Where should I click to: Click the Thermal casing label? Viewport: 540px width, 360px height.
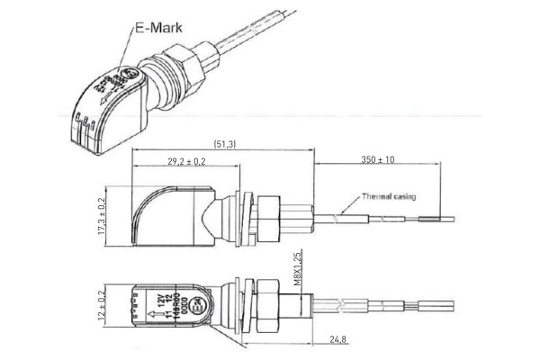coord(389,195)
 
